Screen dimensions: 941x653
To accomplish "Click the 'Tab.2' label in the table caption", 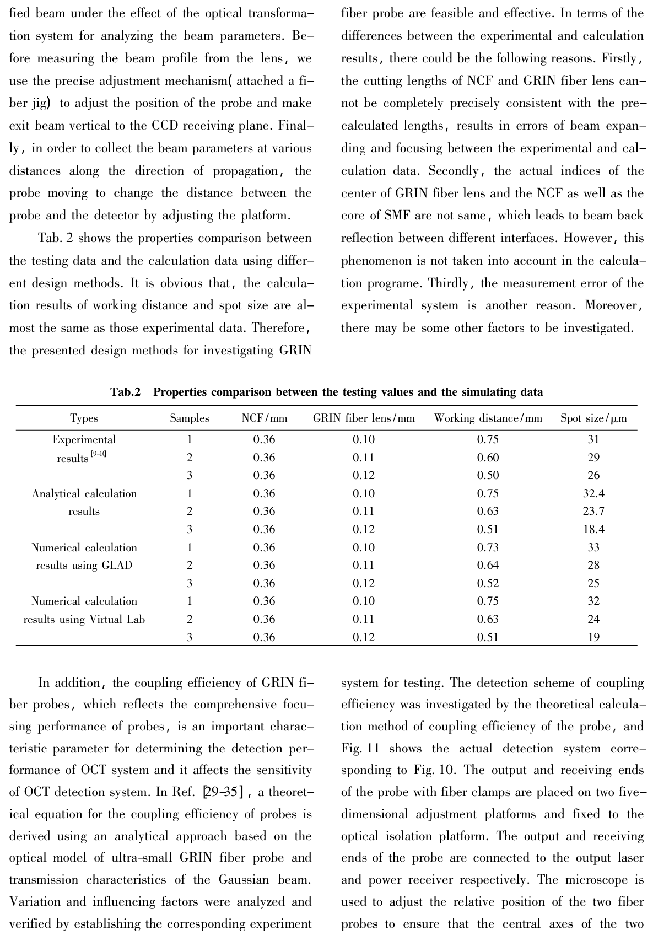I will click(126, 392).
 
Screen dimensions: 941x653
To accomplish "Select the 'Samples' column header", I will click(190, 418).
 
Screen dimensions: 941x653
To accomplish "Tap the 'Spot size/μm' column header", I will click(593, 418).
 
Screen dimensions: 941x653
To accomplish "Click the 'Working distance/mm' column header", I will click(488, 418).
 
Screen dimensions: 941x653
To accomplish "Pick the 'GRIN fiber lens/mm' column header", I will click(364, 418).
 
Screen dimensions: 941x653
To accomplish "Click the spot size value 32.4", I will click(593, 493).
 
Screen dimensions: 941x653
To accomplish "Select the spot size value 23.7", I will click(593, 512).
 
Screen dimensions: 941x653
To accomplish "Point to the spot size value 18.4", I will click(593, 530).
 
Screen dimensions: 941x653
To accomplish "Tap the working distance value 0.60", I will click(488, 458).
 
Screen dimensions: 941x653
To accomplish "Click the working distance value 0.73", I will click(488, 547).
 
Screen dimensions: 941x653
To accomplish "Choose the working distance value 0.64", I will click(488, 566).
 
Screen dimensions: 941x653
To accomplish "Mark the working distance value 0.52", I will click(488, 583).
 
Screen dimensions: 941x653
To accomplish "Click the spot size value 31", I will click(593, 440).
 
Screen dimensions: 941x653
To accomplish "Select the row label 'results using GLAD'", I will click(84, 566).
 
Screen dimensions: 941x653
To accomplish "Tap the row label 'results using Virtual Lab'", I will click(84, 620).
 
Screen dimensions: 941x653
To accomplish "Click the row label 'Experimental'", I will click(84, 440).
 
